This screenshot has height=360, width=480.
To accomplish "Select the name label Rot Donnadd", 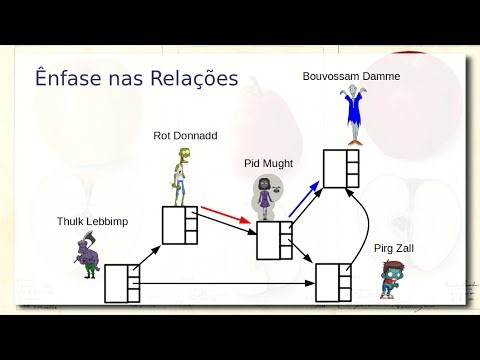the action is (185, 135).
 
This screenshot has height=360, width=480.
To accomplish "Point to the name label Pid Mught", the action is (267, 162).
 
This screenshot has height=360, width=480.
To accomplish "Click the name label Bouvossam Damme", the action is (352, 75).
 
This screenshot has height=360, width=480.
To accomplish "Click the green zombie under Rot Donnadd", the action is (179, 175).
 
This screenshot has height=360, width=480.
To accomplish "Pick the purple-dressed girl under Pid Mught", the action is (266, 198).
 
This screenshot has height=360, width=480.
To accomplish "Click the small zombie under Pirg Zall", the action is (390, 279).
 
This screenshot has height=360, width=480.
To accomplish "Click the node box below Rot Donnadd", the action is (180, 224).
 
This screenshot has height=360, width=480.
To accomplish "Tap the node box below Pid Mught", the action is (273, 240).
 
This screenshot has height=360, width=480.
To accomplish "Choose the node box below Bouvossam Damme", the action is (339, 167).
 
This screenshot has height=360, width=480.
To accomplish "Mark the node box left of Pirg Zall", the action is (332, 281).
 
